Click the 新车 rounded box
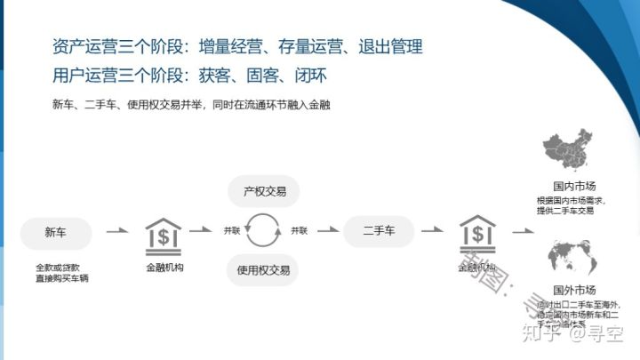click(x=55, y=233)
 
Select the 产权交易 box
click(x=263, y=191)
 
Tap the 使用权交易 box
click(x=263, y=269)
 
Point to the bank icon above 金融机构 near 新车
click(x=164, y=236)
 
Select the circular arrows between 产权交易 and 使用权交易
click(x=263, y=230)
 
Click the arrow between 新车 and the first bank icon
click(x=116, y=231)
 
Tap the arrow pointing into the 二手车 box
click(x=328, y=229)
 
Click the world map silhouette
click(x=572, y=255)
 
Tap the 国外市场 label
click(x=573, y=291)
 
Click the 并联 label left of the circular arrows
click(x=232, y=230)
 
